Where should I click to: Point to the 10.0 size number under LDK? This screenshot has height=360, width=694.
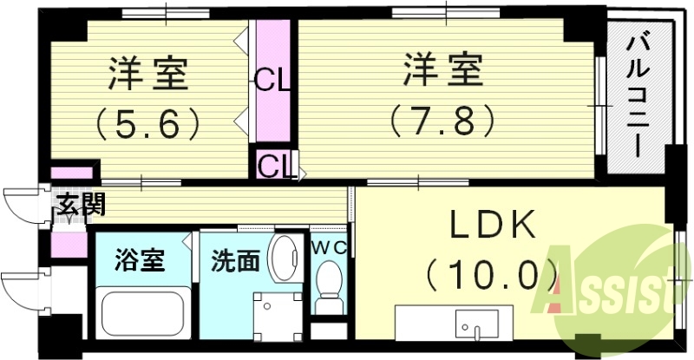pos(492,277)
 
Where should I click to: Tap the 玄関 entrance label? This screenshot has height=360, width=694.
pos(81,206)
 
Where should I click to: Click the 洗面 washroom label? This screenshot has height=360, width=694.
pos(232,261)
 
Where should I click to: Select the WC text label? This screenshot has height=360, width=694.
pos(330,247)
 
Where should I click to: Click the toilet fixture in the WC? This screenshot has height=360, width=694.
pos(329,288)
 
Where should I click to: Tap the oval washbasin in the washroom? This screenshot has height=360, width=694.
pos(283,258)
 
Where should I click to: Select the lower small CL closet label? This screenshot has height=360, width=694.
pos(273,164)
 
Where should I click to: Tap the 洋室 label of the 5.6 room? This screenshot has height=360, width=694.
pos(148,74)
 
